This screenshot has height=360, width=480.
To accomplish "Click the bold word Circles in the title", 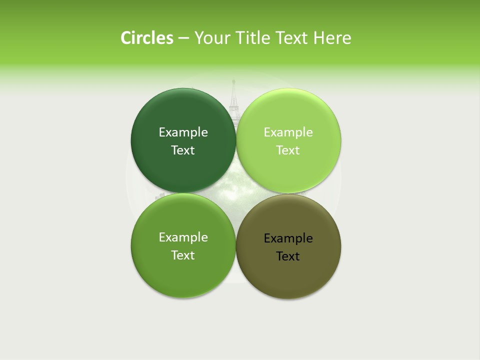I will click(146, 38).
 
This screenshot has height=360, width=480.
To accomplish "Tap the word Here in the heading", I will click(332, 38).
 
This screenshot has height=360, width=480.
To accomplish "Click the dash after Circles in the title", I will click(183, 38).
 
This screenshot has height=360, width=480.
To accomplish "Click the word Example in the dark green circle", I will click(183, 132).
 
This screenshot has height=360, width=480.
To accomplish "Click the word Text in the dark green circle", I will click(183, 150).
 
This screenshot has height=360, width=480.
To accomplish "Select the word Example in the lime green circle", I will click(288, 132).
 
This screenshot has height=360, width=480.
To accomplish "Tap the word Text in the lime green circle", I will click(288, 150).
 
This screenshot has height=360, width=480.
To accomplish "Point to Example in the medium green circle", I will click(183, 237).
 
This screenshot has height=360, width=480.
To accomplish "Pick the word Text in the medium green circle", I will click(183, 255).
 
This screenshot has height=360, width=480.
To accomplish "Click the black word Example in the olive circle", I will click(288, 238).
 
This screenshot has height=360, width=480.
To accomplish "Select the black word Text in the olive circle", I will click(288, 256).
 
